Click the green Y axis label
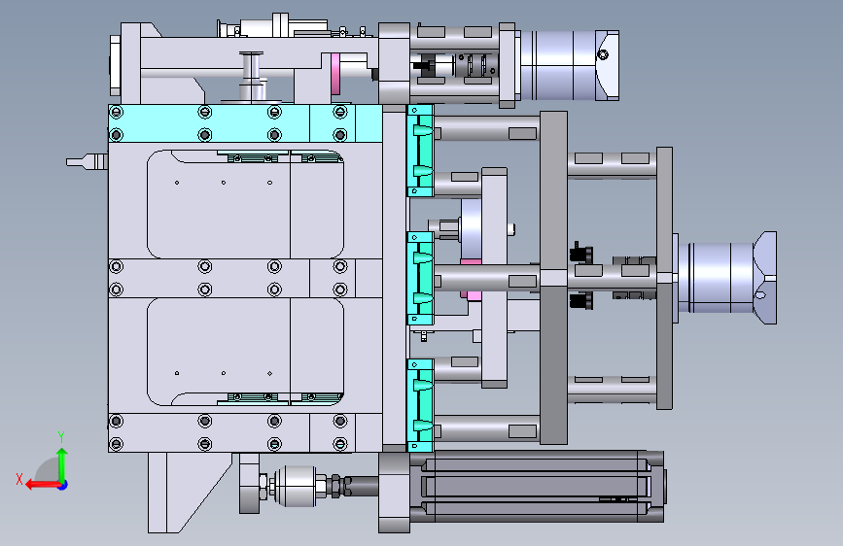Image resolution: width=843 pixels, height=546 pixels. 61,436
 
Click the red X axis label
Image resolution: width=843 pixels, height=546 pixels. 19,479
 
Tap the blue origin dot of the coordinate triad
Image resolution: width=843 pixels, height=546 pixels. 63,485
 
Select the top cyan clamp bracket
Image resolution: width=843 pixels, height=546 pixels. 420,151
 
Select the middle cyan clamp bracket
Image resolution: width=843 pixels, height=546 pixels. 420,279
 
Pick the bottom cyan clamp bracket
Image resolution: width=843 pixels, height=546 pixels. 420,405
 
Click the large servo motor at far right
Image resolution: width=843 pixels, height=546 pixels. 725,277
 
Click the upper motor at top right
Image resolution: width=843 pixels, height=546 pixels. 569,65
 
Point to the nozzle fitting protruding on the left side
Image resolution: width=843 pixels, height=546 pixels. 87,161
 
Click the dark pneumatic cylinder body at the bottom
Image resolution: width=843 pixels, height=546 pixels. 536,487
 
